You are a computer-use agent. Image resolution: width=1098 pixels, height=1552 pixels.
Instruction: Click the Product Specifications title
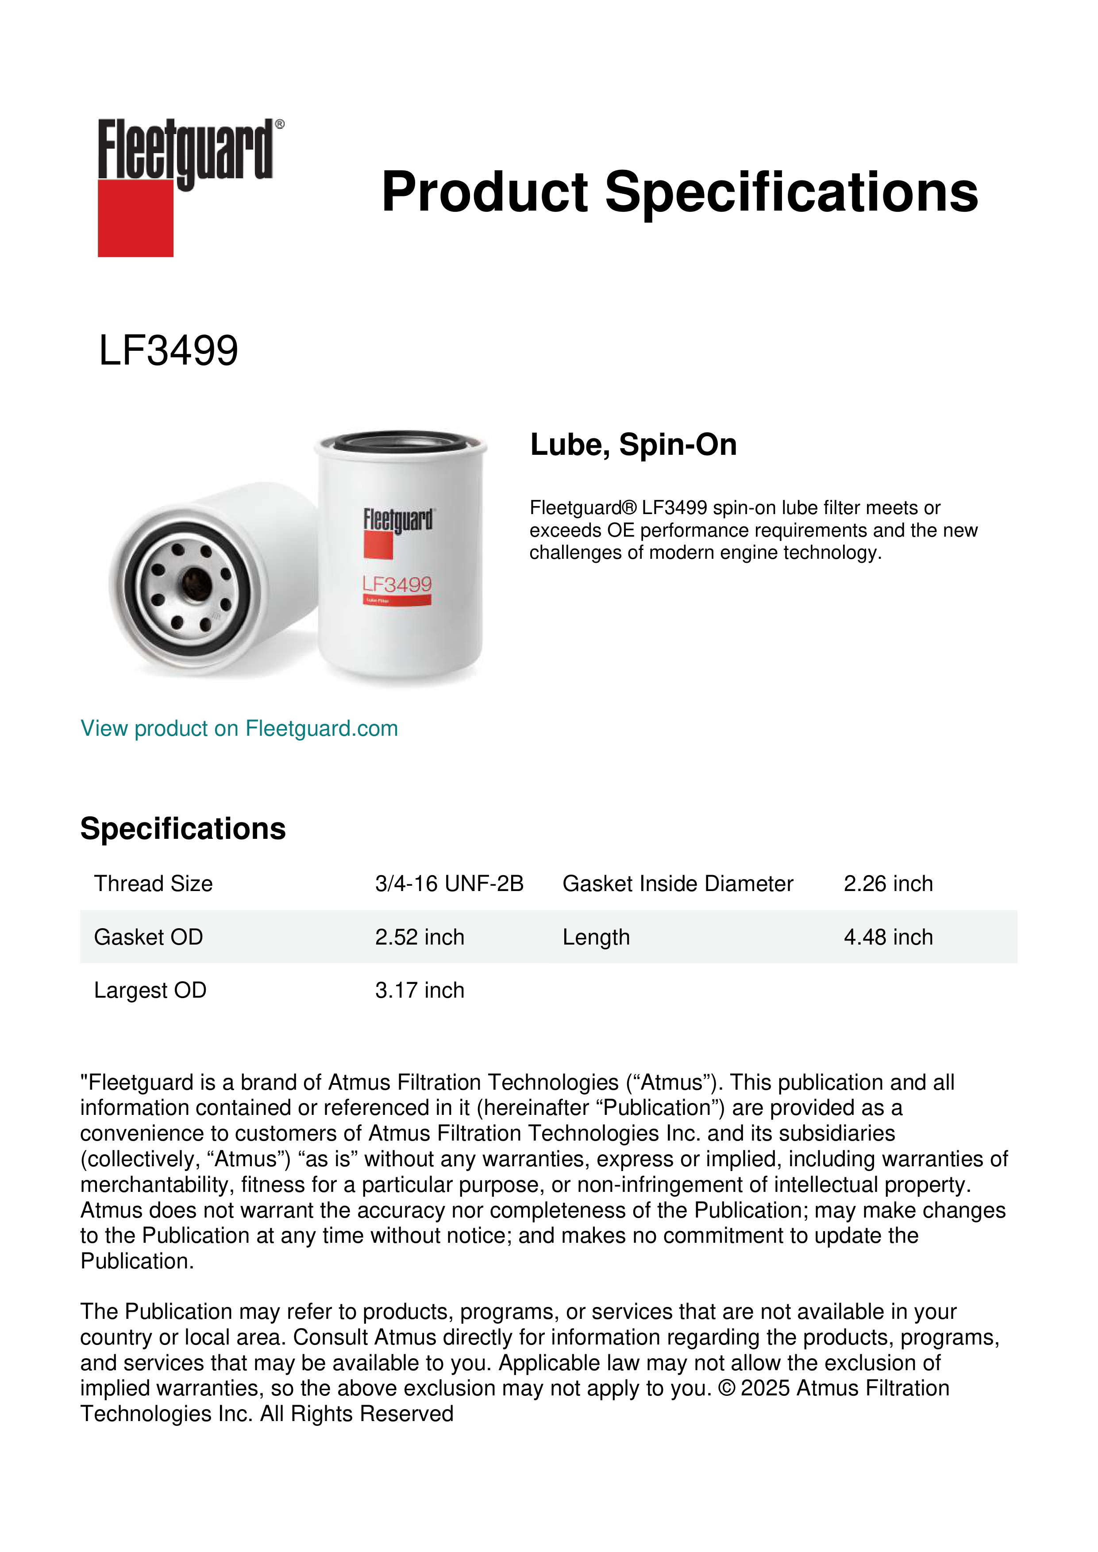(679, 192)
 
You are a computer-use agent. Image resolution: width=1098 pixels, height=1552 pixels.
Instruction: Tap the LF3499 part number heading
(168, 351)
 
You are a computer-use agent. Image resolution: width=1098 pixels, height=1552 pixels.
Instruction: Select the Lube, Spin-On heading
(633, 445)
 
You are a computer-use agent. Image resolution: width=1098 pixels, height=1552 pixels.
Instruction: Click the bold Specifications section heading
(182, 829)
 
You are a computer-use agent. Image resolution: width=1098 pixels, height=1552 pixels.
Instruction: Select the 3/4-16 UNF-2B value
(449, 884)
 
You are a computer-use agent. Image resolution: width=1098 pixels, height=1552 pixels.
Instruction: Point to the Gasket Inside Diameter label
(678, 884)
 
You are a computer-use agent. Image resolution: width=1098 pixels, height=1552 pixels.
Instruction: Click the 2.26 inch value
(888, 884)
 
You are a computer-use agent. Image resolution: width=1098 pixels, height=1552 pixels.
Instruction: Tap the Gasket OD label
(148, 937)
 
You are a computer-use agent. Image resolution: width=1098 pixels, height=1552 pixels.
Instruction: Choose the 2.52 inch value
(419, 937)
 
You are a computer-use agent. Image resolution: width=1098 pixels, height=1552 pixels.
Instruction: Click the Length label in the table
(596, 937)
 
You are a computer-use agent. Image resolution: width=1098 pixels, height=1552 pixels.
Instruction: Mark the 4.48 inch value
(888, 937)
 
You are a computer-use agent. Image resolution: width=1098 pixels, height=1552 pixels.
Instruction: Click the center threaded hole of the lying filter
(196, 581)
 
